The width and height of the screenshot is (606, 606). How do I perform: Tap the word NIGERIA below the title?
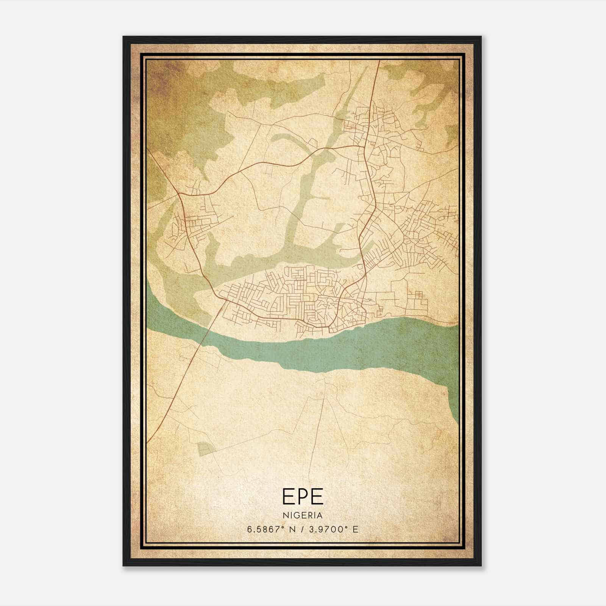tap(303, 515)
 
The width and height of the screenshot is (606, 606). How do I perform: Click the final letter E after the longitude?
tap(355, 529)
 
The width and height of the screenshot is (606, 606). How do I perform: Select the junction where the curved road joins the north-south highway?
tap(363, 145)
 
